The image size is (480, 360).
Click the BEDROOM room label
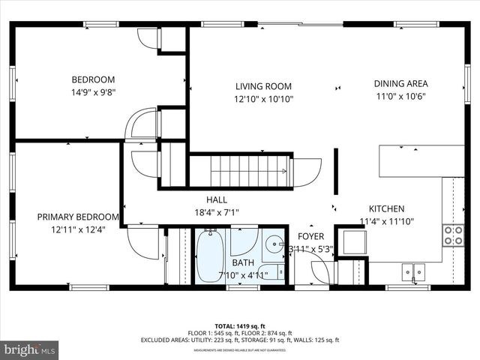(x=93, y=80)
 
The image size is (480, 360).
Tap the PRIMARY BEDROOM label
(x=78, y=217)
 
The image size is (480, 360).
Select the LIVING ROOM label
(x=262, y=86)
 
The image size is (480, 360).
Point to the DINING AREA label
(x=400, y=84)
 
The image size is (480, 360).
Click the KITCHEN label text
(x=386, y=208)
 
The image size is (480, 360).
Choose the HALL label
(x=217, y=200)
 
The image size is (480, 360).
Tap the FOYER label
(x=311, y=236)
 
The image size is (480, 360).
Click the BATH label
(x=242, y=262)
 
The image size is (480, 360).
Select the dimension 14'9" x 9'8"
(x=93, y=93)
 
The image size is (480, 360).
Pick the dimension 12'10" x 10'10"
(x=262, y=99)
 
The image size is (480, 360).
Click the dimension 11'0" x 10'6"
(x=400, y=96)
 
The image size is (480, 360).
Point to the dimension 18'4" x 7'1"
(x=217, y=212)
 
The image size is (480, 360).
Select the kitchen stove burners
(x=452, y=235)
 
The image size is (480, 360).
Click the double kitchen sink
(x=412, y=271)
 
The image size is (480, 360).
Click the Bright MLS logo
(x=30, y=349)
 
